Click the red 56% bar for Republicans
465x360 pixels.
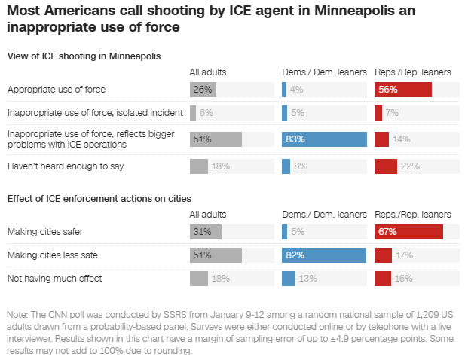(402, 90)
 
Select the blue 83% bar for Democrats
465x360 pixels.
(324, 139)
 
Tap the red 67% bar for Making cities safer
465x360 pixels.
(408, 233)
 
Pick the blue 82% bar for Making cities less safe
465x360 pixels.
(323, 255)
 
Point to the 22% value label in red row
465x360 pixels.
(411, 166)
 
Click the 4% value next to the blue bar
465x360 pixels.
(296, 90)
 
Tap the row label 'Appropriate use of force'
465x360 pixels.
(57, 90)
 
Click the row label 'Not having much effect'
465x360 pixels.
(54, 279)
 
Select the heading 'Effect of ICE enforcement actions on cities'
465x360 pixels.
(99, 198)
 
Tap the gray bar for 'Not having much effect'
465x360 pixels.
(199, 279)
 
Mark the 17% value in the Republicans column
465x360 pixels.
(405, 255)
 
